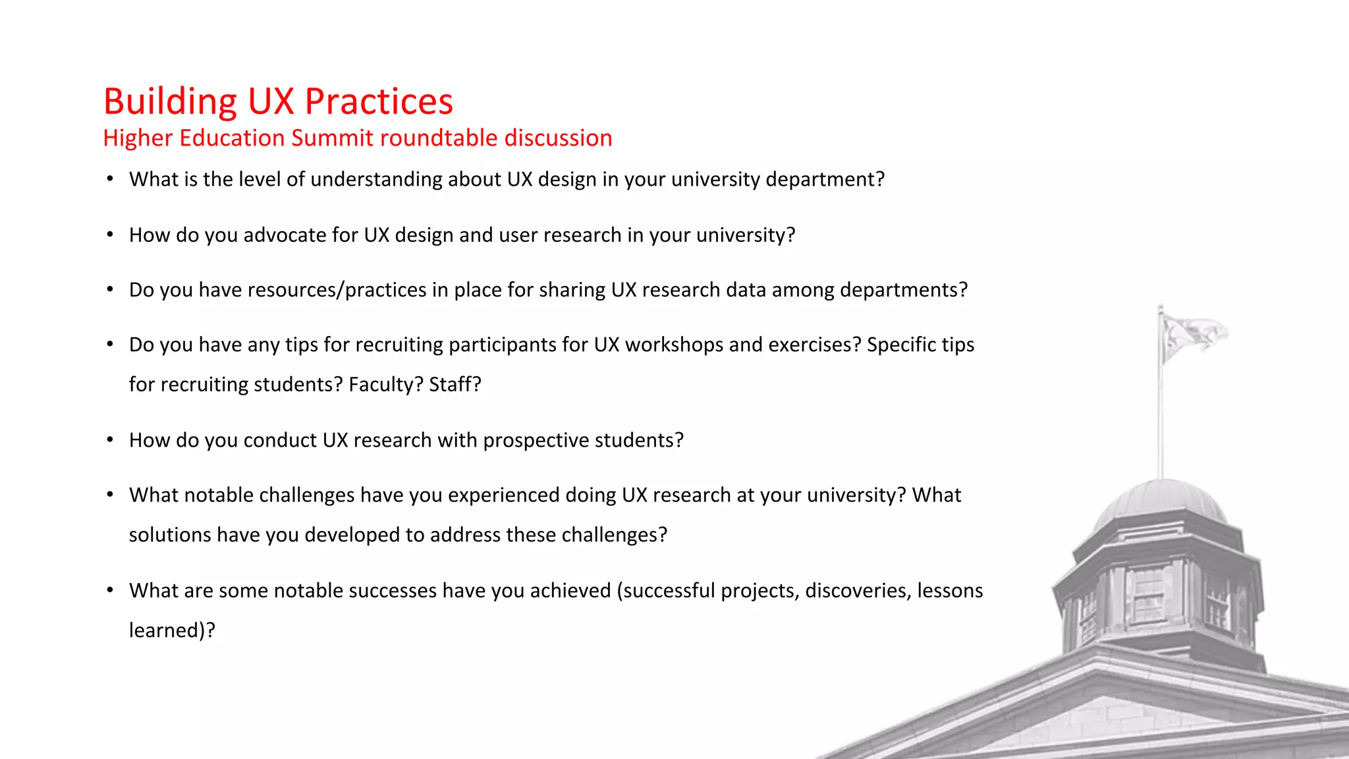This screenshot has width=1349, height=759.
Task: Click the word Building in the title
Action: pos(170,102)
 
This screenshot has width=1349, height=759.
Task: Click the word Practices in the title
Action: pos(379,102)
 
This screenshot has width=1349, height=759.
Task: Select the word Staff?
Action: pos(455,385)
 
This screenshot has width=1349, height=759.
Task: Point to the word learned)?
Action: pos(172,631)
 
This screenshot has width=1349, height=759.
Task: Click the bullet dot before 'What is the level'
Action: pos(110,179)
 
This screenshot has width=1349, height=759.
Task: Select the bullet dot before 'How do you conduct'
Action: pos(110,440)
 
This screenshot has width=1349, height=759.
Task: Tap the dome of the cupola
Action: pos(1161,501)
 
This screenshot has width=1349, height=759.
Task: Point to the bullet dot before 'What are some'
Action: pos(110,590)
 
